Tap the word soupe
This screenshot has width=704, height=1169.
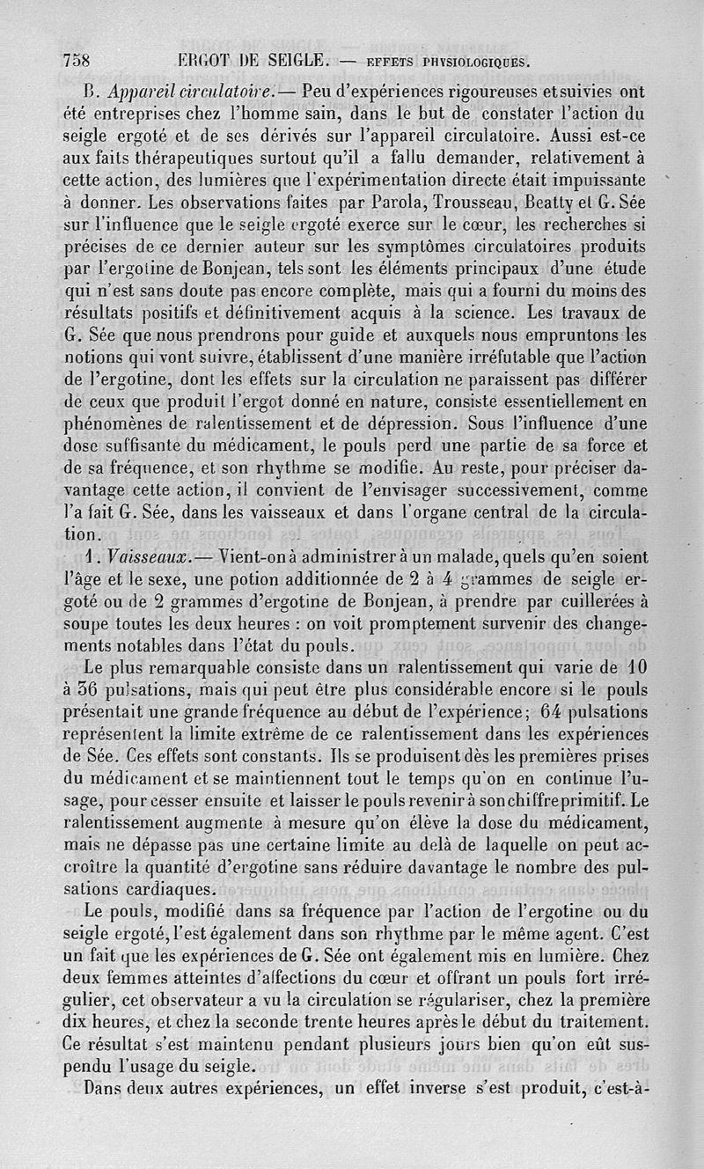point(85,625)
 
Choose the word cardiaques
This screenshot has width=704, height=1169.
point(170,886)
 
